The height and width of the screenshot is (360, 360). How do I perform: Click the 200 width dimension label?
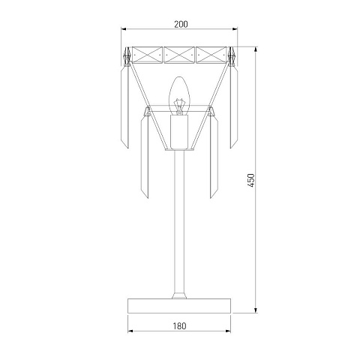181,24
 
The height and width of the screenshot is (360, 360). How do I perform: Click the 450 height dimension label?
250,180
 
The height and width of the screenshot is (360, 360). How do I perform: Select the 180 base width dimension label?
179,326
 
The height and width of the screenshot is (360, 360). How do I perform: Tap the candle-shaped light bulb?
179,95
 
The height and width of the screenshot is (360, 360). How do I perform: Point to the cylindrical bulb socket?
179,131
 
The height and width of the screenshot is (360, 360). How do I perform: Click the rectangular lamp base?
179,306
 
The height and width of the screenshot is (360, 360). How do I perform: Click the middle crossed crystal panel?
179,55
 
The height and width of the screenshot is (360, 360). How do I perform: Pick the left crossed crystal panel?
147,55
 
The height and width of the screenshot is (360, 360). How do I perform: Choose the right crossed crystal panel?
211,55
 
